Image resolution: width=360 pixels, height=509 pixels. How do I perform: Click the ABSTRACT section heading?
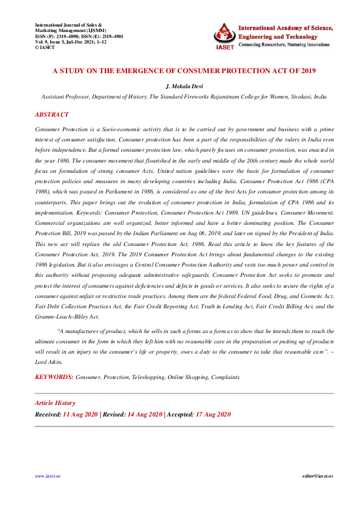[x=51, y=114]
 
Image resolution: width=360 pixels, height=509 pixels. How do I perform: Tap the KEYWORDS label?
[x=54, y=377]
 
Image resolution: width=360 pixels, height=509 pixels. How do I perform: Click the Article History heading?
[x=55, y=403]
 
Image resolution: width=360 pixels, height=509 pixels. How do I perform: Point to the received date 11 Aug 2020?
[x=80, y=414]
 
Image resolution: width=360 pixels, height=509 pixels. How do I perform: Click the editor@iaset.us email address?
[x=318, y=476]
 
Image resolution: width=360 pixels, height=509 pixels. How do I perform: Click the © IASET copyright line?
[x=47, y=47]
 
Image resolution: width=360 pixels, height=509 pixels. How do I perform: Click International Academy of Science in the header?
[x=284, y=27]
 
